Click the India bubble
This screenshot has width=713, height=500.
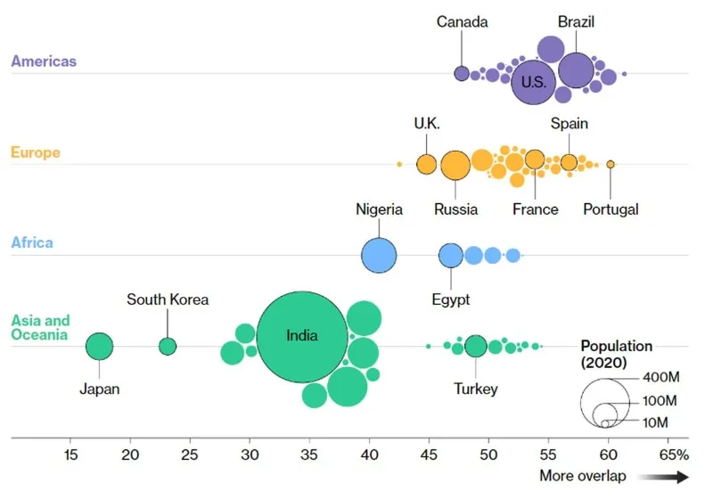pyautogui.click(x=302, y=337)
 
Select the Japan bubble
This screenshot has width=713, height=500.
pyautogui.click(x=99, y=346)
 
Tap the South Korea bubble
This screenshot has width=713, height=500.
pyautogui.click(x=168, y=346)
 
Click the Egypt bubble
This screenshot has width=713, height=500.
pyautogui.click(x=451, y=255)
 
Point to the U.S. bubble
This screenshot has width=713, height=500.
pyautogui.click(x=533, y=82)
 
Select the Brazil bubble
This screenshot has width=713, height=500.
pyautogui.click(x=576, y=70)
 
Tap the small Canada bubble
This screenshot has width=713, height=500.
pyautogui.click(x=462, y=73)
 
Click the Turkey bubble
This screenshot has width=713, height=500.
pyautogui.click(x=476, y=346)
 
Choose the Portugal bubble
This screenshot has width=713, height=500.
pyautogui.click(x=611, y=164)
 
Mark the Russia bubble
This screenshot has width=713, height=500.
pyautogui.click(x=455, y=165)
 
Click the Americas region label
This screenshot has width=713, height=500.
pyautogui.click(x=44, y=61)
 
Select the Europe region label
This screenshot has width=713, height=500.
pyautogui.click(x=36, y=152)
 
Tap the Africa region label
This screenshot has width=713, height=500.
pyautogui.click(x=32, y=242)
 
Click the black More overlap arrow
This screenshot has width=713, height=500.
pyautogui.click(x=664, y=477)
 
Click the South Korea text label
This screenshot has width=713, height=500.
pyautogui.click(x=168, y=299)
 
